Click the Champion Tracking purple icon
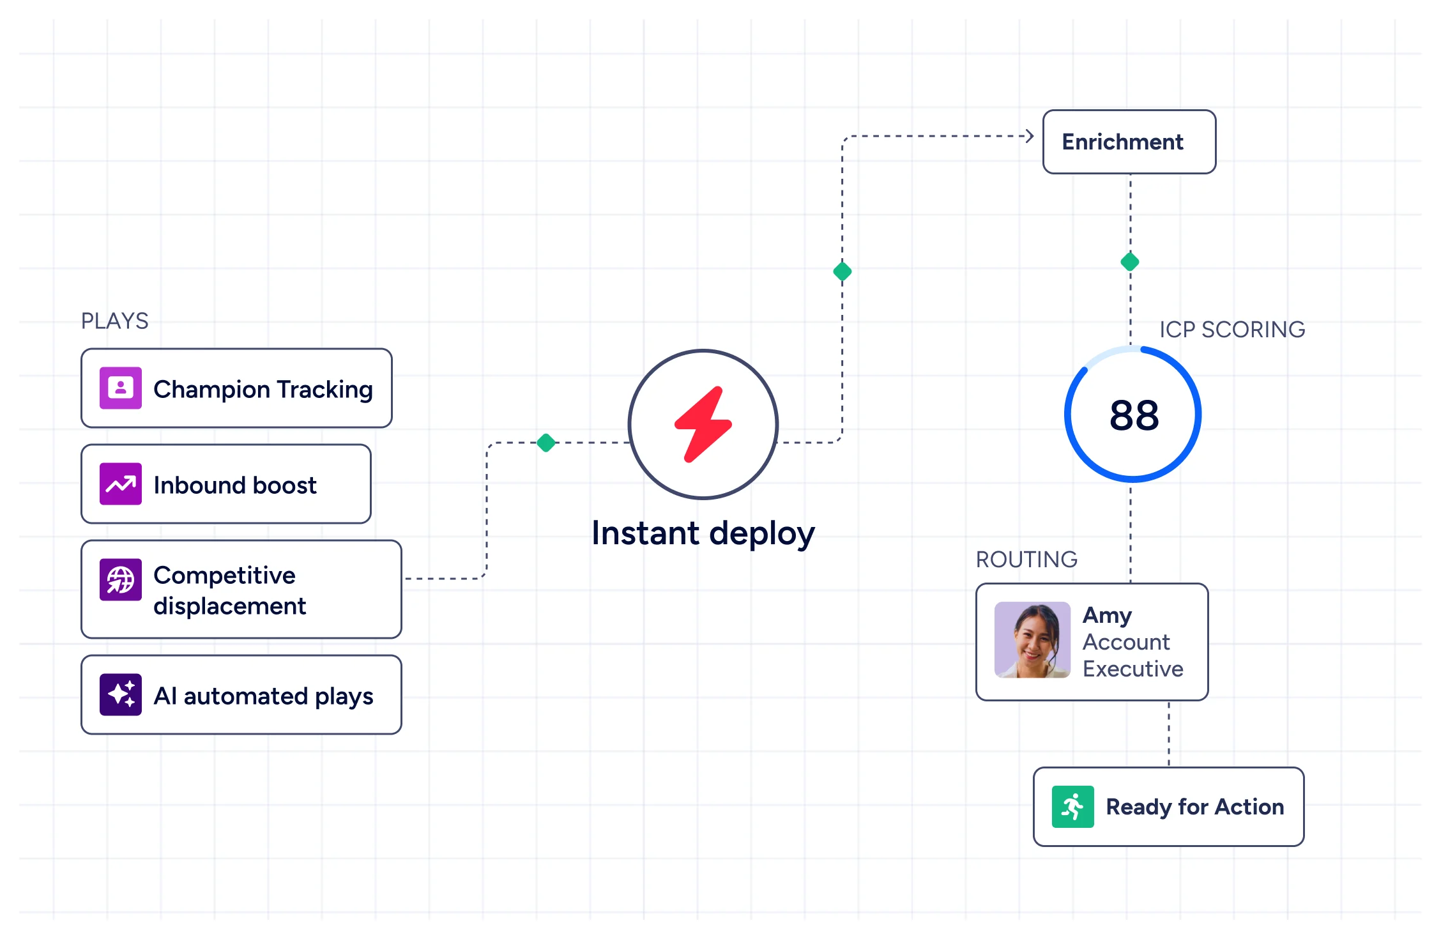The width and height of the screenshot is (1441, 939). tap(121, 388)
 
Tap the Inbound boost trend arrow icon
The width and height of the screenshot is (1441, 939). tap(121, 484)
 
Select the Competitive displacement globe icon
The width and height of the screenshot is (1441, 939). tap(121, 579)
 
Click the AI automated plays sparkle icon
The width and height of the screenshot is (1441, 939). tap(121, 694)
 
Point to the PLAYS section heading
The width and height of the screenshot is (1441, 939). tap(115, 321)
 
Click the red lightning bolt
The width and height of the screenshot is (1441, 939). tap(703, 424)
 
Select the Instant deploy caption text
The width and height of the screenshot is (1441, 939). tap(703, 533)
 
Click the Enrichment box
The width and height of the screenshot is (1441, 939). tap(1129, 142)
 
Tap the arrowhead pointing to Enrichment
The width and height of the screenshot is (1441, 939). tap(1029, 136)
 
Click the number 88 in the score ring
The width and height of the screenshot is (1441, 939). tap(1134, 415)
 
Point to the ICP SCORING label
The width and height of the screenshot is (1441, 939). tap(1232, 330)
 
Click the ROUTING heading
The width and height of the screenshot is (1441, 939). tap(1026, 560)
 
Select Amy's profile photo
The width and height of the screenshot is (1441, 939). tap(1032, 639)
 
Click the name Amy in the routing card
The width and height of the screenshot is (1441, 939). tap(1107, 616)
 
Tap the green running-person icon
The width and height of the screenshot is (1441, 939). tap(1073, 807)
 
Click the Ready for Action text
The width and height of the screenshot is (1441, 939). tap(1195, 807)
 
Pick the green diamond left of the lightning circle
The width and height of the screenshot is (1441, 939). tap(546, 443)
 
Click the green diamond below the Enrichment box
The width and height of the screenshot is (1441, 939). tap(1130, 262)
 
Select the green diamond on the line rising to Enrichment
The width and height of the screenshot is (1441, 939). tap(842, 271)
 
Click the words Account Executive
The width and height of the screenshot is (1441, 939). tap(1132, 655)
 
